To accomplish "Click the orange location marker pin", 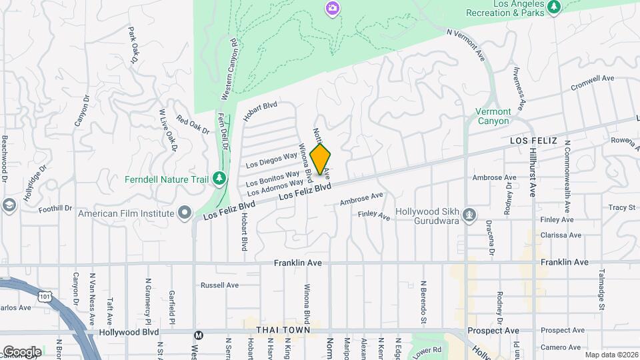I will coord(321,159).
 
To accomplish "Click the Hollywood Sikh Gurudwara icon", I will coord(470,215).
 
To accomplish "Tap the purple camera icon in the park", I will coord(332,8).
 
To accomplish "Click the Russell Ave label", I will coord(219,285).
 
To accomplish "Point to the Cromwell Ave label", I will coord(593,83).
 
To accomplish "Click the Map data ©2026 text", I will coord(611,355).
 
